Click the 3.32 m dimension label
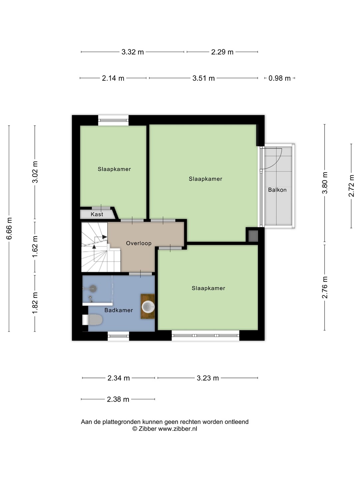tap(132, 52)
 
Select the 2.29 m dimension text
tap(222, 52)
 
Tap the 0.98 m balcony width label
tap(279, 78)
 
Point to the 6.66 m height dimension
tap(9, 228)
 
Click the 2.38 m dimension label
tap(118, 399)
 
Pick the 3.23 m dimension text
tap(208, 378)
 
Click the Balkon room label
tap(277, 190)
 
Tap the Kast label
tap(97, 214)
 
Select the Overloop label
tap(139, 243)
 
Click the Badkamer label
tap(118, 310)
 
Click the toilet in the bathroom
tap(92, 320)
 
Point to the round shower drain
tap(93, 289)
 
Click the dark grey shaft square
tap(253, 236)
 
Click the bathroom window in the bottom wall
tap(118, 336)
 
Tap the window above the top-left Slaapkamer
tap(113, 120)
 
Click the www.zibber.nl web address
tap(177, 429)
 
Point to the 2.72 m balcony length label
tap(351, 186)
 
